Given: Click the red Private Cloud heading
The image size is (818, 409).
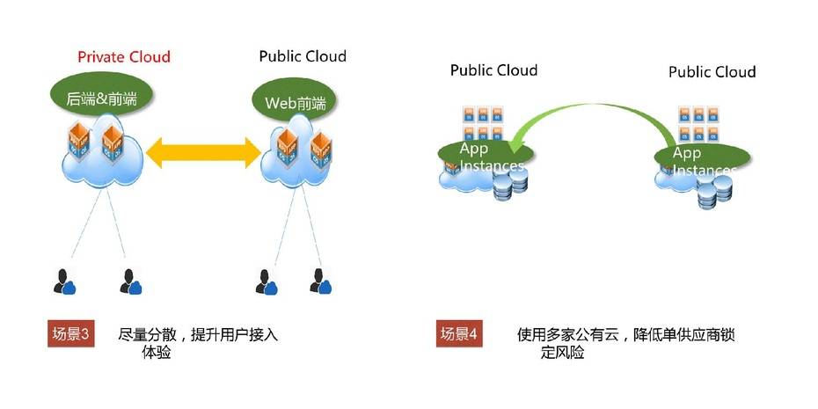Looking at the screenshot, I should [x=123, y=57].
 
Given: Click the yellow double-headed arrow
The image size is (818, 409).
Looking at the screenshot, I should [x=203, y=154].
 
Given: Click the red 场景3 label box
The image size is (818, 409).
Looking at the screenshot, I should [x=71, y=334].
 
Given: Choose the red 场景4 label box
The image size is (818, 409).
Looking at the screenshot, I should [x=460, y=334].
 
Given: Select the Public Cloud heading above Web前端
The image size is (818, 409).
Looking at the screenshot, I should [x=303, y=56].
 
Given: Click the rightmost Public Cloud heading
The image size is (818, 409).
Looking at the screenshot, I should [x=712, y=71].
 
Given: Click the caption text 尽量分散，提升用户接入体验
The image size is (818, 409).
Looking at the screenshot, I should [x=198, y=343].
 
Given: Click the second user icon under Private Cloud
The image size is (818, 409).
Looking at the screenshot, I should [x=129, y=281].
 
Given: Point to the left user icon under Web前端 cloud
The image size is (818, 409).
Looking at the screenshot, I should [x=262, y=281].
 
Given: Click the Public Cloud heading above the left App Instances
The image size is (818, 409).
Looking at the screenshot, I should [x=493, y=69].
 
